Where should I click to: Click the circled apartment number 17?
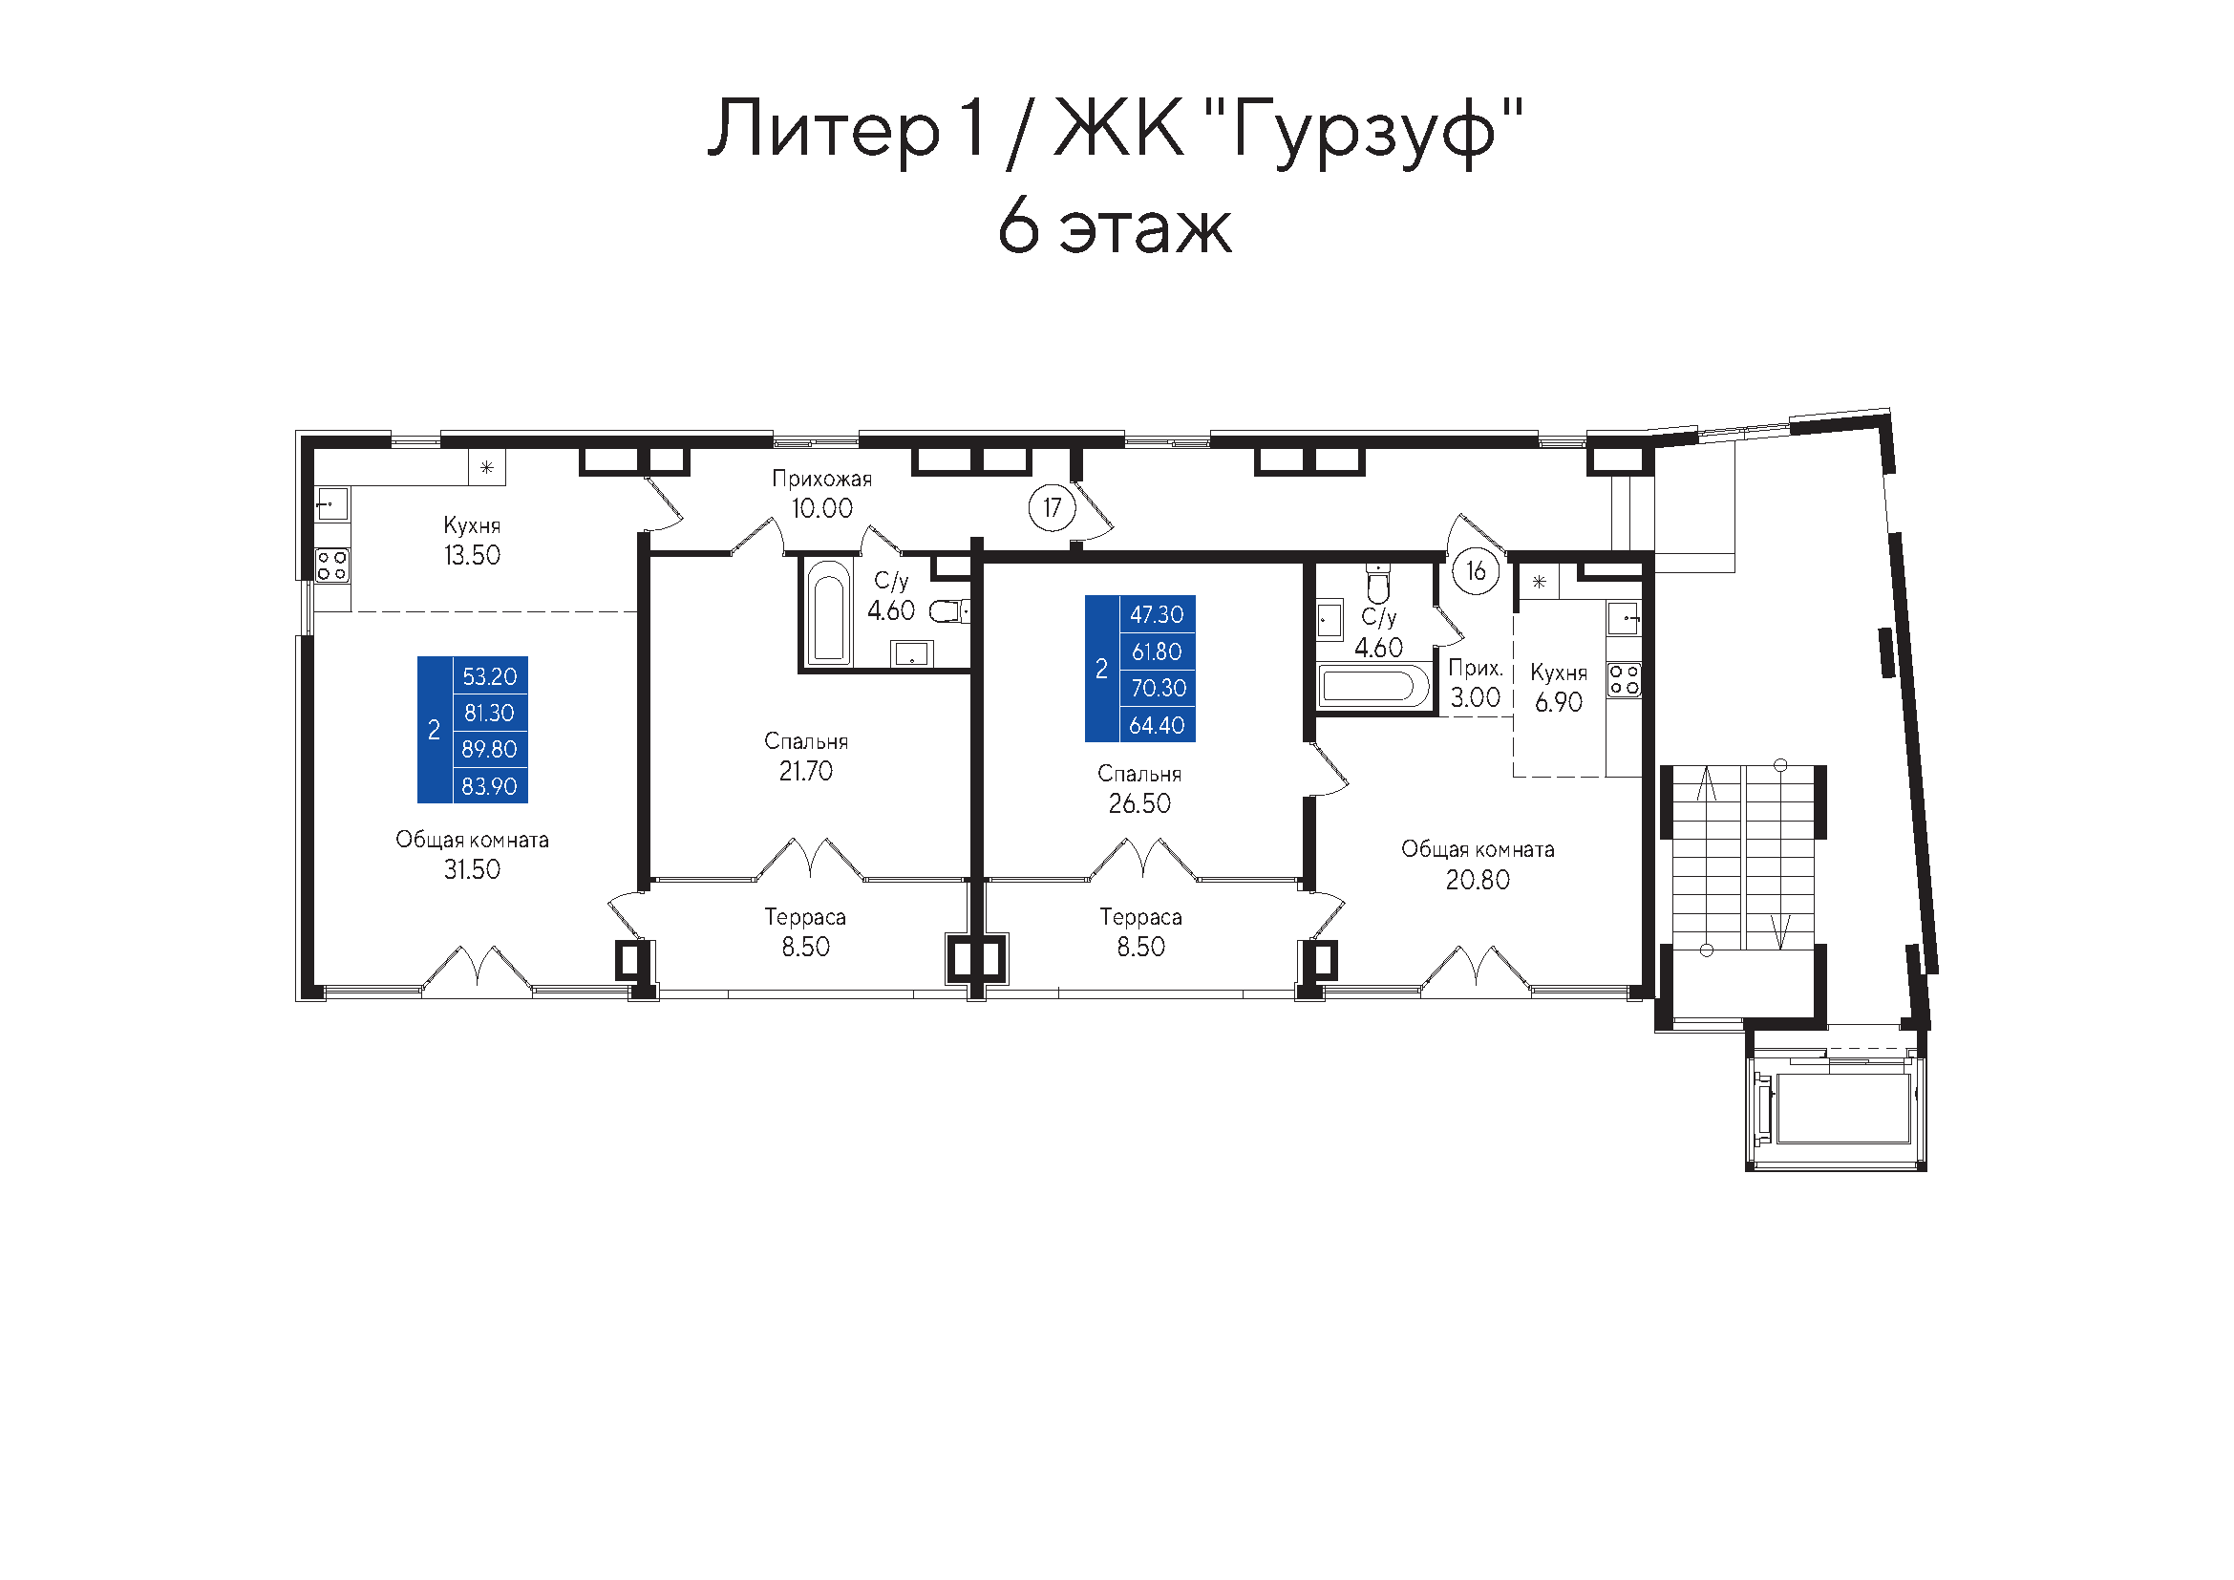1052,508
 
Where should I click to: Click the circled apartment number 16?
1475,571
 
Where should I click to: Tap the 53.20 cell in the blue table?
489,676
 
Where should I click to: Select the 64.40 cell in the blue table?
1157,725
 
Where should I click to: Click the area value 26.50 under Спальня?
1139,803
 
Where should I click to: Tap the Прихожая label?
822,479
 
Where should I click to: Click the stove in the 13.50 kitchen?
331,566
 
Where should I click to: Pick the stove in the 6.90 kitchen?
1624,679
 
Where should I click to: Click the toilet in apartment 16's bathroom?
1378,583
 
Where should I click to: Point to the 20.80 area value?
1477,881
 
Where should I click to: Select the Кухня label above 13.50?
472,526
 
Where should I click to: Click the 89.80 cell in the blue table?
489,749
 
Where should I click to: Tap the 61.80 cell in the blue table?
1157,651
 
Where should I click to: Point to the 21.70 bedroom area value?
806,772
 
